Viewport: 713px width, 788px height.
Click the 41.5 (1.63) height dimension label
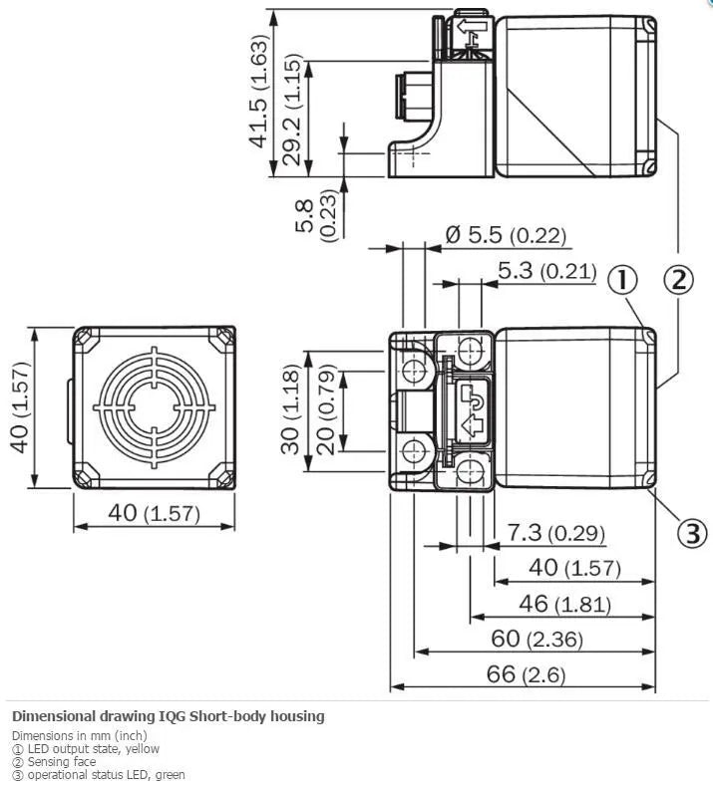[x=260, y=92]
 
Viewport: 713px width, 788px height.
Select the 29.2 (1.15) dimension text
[x=292, y=109]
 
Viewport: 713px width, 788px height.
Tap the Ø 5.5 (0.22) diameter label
[x=506, y=235]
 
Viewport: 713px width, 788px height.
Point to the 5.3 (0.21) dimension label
[x=546, y=271]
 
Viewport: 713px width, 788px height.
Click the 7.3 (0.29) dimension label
[x=555, y=533]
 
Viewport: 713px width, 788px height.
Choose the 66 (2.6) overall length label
[x=526, y=673]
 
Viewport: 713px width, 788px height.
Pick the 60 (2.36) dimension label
[x=536, y=639]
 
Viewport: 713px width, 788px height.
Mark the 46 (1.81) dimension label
[x=564, y=604]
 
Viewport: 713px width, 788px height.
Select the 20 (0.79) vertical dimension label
[x=326, y=410]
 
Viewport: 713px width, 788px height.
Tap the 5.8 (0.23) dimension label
[x=316, y=215]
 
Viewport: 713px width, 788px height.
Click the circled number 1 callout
[x=622, y=280]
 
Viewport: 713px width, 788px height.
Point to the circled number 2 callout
[x=679, y=280]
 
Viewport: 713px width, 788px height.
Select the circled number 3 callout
[x=692, y=533]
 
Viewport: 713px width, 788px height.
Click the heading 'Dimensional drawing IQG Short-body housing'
[x=169, y=715]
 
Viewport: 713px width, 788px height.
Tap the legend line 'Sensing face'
[x=54, y=762]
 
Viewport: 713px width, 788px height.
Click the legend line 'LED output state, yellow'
[x=86, y=749]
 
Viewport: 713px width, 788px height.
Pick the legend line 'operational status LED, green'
[x=99, y=775]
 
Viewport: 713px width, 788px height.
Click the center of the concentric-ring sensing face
[x=154, y=407]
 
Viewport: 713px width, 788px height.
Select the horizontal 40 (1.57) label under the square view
[x=154, y=513]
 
